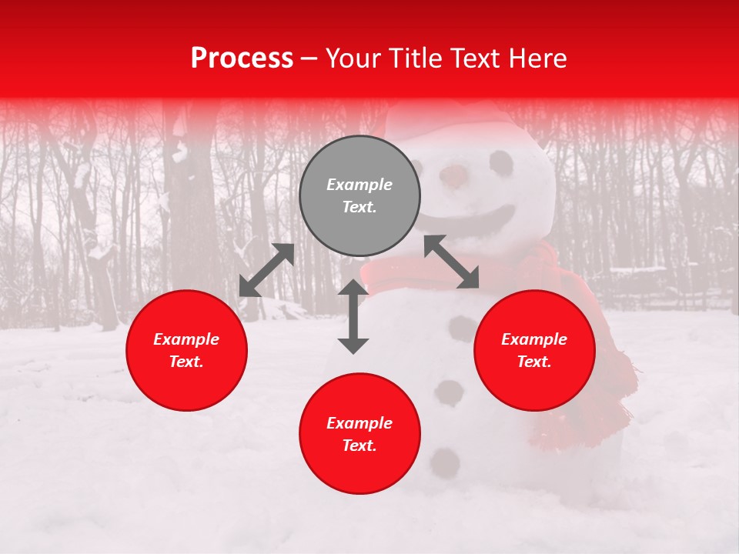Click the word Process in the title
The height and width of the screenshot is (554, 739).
coord(242,58)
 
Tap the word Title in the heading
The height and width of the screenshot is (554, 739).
coord(414,58)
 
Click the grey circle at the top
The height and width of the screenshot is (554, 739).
coord(359,195)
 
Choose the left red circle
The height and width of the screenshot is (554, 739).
coord(186,350)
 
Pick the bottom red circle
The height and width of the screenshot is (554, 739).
coord(359,434)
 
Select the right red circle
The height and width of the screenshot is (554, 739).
coord(534,350)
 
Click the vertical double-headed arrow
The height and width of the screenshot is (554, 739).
coord(353,316)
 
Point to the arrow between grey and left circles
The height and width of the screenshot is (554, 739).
coord(266,270)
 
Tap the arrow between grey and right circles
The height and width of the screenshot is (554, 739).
coord(451,262)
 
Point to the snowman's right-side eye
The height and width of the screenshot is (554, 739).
coord(501,162)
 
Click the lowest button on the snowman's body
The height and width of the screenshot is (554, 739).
coord(445,462)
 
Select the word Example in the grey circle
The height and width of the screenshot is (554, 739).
coord(359,185)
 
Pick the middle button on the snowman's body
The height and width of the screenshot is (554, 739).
coord(448,392)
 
